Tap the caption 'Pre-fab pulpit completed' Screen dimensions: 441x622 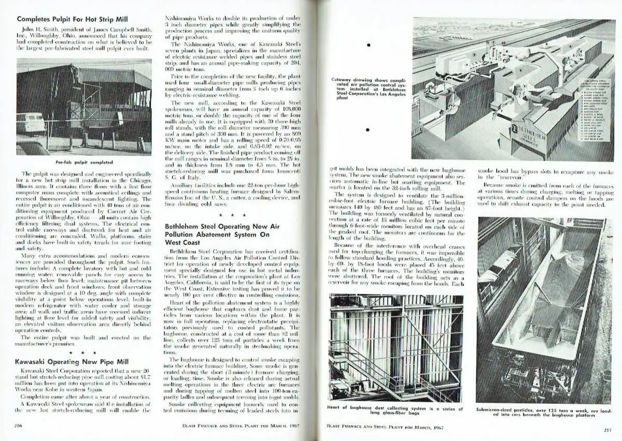pos(83,162)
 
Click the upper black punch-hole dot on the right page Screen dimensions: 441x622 pos(367,46)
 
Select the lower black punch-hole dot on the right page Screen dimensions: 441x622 pos(367,130)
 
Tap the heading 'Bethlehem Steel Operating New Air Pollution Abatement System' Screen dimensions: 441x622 pos(217,234)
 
